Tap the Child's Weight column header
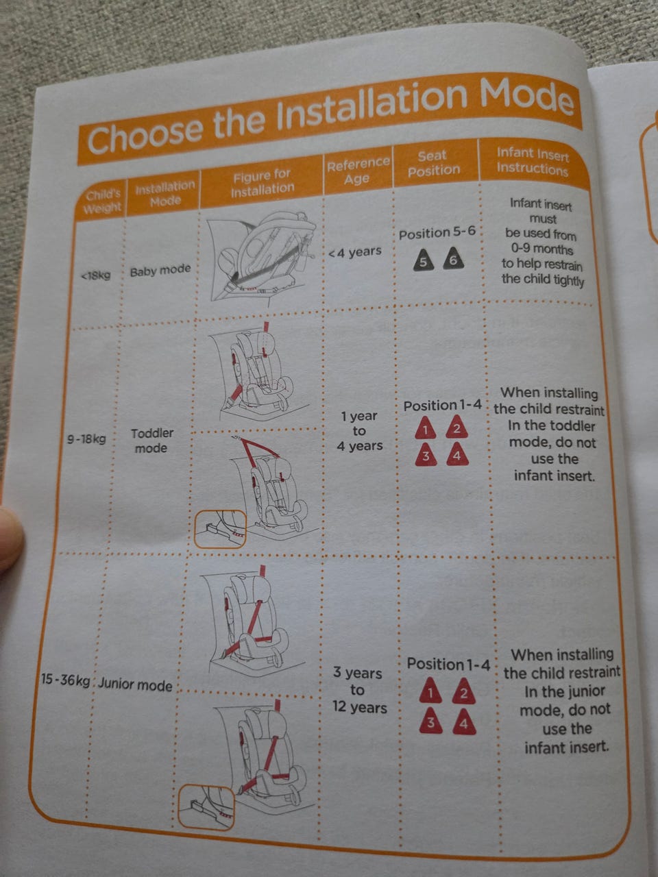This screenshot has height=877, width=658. (103, 201)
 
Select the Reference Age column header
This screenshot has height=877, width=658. (358, 171)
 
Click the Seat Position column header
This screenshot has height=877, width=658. (433, 163)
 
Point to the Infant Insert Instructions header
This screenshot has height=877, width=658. (533, 161)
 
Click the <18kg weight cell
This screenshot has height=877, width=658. (96, 275)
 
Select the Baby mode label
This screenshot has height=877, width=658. (160, 271)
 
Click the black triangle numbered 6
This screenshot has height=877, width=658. (453, 258)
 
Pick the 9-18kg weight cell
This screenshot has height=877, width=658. (86, 439)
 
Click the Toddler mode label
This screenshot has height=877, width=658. (151, 441)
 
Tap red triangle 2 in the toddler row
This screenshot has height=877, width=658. (457, 427)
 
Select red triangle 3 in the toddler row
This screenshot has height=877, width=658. (426, 455)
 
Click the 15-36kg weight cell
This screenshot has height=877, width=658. (66, 680)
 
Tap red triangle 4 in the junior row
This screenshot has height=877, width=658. (464, 722)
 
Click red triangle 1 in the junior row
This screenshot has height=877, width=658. (430, 691)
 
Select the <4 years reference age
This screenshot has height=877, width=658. (355, 252)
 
